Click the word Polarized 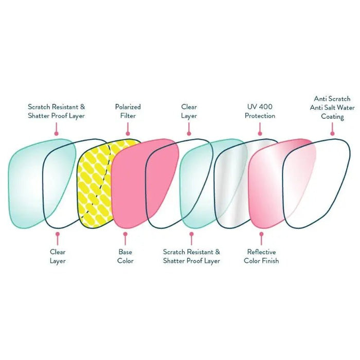click(x=128, y=107)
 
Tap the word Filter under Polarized click(x=128, y=116)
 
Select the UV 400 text click(x=260, y=107)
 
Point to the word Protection click(x=260, y=116)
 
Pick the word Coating click(x=332, y=116)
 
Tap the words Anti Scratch click(x=332, y=98)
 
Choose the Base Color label click(x=125, y=256)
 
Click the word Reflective click(x=261, y=252)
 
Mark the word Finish click(x=271, y=261)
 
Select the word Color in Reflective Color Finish click(x=253, y=261)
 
